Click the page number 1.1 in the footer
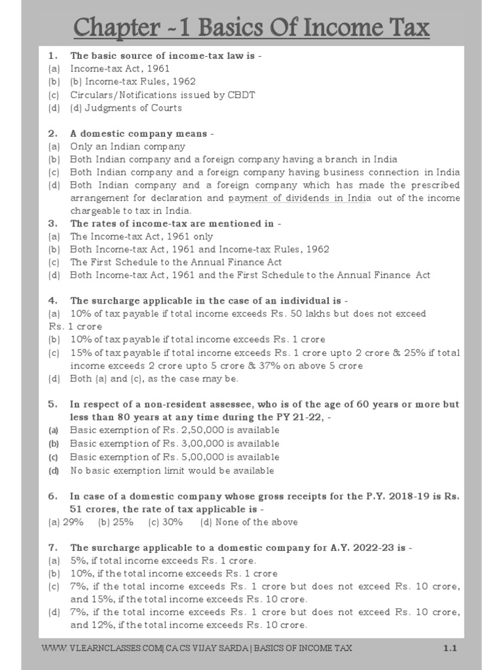pos(449,648)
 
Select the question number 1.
pos(53,56)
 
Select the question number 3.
pos(53,223)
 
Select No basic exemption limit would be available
pos(172,470)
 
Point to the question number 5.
pos(53,404)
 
